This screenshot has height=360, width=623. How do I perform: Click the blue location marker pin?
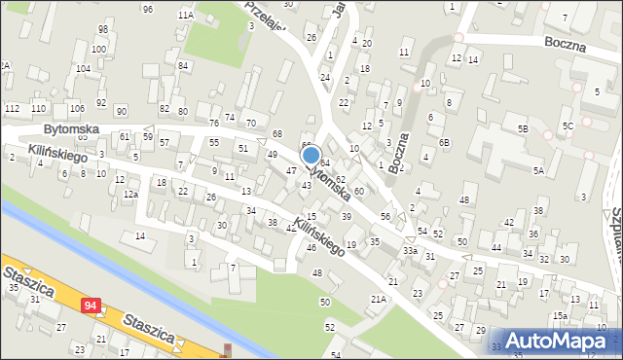(311, 156)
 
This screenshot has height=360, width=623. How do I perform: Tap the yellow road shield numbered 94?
(91, 306)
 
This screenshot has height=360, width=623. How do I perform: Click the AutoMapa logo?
(559, 341)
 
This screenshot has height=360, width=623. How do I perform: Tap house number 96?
(147, 9)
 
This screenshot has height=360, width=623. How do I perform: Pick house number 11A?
(185, 16)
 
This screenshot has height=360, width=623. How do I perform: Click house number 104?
(84, 69)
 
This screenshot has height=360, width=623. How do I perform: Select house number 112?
(13, 107)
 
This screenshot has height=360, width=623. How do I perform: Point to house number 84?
(183, 65)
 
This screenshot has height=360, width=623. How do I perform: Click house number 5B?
(523, 128)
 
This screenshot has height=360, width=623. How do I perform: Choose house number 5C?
(568, 126)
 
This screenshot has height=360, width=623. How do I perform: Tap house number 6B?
(444, 142)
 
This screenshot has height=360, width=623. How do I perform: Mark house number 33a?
(411, 251)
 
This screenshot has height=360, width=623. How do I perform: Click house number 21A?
(378, 299)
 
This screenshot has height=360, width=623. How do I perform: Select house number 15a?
(560, 316)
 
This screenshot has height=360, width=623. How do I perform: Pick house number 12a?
(130, 194)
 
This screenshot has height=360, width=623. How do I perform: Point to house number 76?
(213, 124)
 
